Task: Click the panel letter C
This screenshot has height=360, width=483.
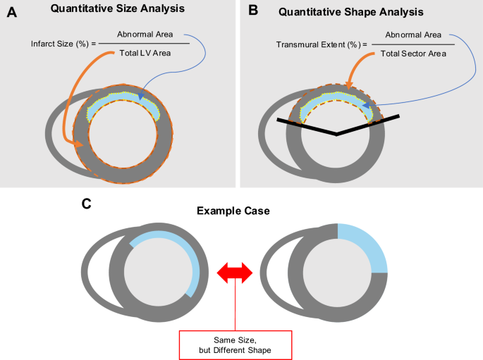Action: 86,205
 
